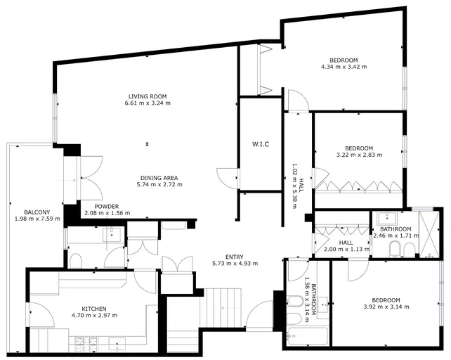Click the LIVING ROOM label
pos(148,96)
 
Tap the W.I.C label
pos(261,144)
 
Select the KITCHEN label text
pos(94,309)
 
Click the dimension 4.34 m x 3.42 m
pos(344,67)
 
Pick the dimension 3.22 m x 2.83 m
pos(359,155)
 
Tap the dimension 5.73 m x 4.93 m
pos(235,263)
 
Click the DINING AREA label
pos(159,178)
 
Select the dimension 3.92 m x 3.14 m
pos(386,307)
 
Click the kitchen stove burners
pos(86,345)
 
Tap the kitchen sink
pos(117,345)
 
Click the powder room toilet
pos(77,261)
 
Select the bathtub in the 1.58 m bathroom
pos(308,336)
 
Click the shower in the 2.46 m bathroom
pos(429,234)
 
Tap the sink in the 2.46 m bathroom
pos(387,218)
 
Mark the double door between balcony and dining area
pos(91,179)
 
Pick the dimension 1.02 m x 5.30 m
pos(298,186)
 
